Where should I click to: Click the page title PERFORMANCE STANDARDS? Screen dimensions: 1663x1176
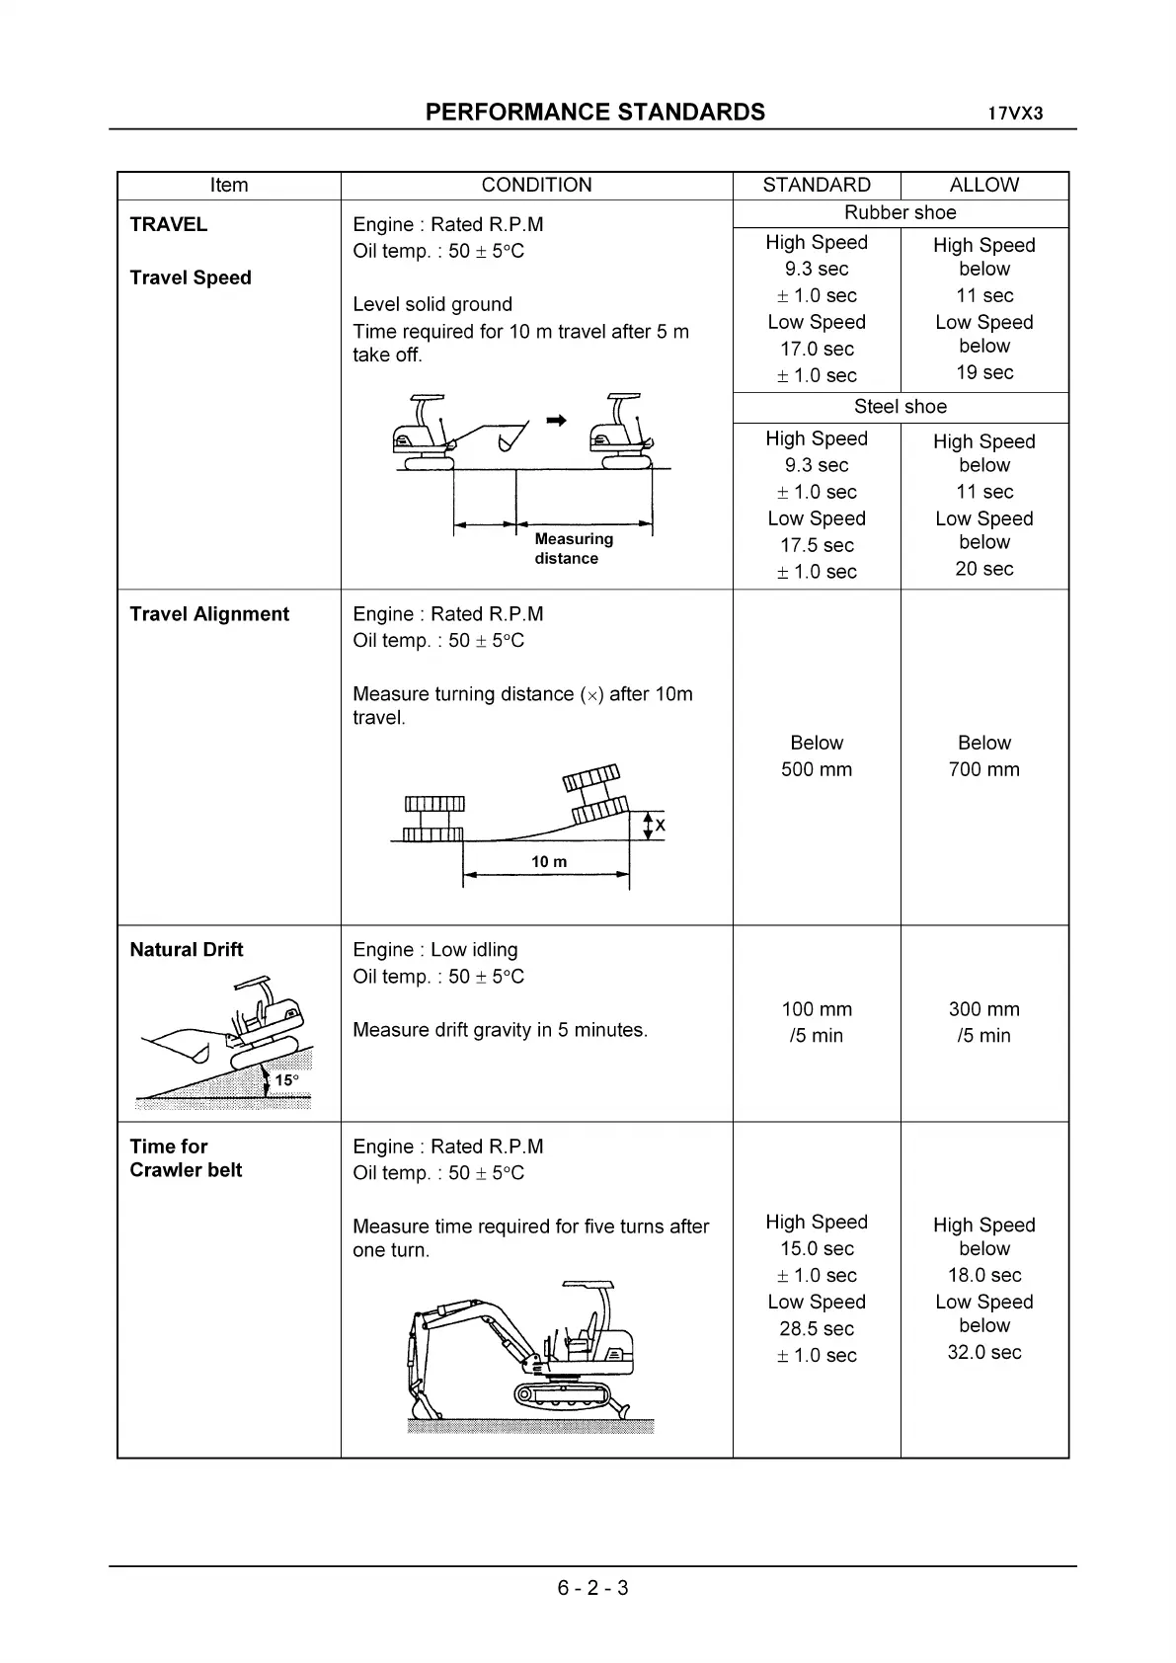coord(594,113)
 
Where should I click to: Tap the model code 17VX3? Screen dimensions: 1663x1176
coord(1015,114)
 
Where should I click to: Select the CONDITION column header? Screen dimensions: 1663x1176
coord(536,186)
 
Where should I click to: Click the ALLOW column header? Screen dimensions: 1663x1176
coord(983,186)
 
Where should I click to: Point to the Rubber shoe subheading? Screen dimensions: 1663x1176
coord(900,212)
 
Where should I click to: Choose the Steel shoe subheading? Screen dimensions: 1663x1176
coord(900,407)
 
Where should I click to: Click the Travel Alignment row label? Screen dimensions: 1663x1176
coord(209,614)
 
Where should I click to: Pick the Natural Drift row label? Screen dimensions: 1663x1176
coord(186,950)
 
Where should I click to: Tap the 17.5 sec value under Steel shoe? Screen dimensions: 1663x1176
coord(817,545)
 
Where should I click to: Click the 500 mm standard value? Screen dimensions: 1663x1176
coord(817,769)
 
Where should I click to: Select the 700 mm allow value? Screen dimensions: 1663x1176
coord(983,769)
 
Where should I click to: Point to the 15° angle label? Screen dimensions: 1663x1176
coord(286,1080)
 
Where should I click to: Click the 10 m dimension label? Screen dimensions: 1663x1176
coord(549,862)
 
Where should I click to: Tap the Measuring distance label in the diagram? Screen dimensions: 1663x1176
coord(573,549)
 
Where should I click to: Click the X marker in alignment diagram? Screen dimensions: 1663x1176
coord(660,826)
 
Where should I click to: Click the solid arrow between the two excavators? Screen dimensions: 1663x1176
coord(557,421)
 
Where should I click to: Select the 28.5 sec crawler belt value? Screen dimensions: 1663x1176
coord(817,1329)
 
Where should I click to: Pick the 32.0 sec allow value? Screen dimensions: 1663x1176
coord(983,1353)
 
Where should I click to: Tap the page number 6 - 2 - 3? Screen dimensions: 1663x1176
coord(592,1588)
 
